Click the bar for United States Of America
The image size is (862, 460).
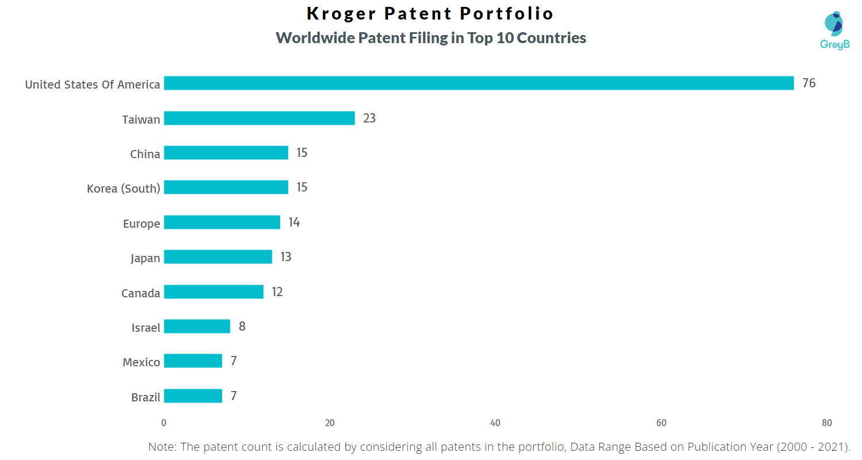coord(479,83)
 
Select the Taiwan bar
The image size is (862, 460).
coord(259,118)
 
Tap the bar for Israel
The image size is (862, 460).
coord(197,327)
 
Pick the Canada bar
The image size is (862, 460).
coord(214,292)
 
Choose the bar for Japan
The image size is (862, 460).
coord(218,257)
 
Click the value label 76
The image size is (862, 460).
coord(809,83)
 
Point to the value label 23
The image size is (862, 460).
coord(369,118)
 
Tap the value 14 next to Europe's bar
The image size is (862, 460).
coord(294,223)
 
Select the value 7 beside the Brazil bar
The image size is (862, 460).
coord(233,396)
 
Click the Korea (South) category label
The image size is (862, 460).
coord(123,189)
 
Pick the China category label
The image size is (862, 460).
coord(145,154)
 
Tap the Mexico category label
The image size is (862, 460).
coord(141,362)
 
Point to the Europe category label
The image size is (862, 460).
coord(141,224)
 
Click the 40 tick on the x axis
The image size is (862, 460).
coord(495,423)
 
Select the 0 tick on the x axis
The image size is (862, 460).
coord(164,423)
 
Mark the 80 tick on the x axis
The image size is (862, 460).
coord(826,423)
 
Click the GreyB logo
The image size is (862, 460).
coord(834,30)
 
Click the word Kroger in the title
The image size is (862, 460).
coord(341,13)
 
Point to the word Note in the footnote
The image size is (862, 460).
coord(163,447)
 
